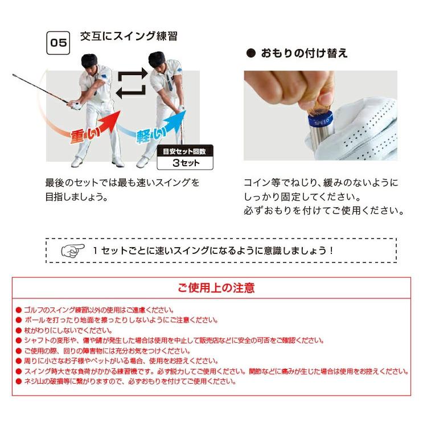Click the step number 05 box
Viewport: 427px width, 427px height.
(58, 43)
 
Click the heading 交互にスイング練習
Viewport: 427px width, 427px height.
(128, 36)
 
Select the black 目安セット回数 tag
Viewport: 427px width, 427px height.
(185, 151)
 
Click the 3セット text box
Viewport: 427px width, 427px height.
(185, 163)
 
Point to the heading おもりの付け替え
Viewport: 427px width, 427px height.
(304, 54)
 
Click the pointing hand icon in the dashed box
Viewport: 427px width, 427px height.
(73, 250)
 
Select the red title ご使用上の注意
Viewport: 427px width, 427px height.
(216, 288)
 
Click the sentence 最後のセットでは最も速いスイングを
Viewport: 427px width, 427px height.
(122, 183)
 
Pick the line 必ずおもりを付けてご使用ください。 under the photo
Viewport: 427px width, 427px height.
(323, 211)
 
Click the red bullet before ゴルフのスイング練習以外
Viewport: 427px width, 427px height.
(18, 310)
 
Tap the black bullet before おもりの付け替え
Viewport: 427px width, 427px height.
(249, 54)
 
